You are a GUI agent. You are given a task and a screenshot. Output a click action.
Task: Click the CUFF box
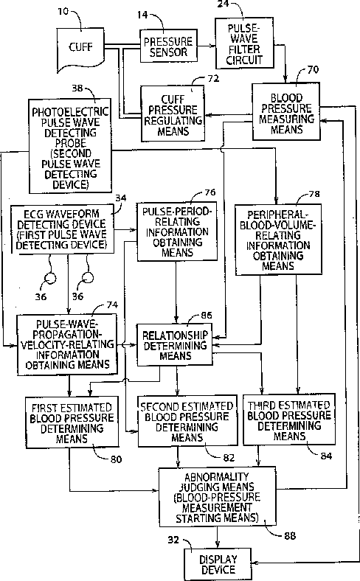80,47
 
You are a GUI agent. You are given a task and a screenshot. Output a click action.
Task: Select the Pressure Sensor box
168,46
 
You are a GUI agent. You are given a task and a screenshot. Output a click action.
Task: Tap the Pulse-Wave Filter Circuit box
245,44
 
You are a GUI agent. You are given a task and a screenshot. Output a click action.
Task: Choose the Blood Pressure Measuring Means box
285,112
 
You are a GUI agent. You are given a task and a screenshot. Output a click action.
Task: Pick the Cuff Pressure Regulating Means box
173,114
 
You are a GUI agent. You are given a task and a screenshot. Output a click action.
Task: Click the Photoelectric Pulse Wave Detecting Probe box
70,146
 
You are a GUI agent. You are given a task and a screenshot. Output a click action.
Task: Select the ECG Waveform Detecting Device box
62,229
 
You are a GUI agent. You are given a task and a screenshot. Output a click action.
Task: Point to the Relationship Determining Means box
175,345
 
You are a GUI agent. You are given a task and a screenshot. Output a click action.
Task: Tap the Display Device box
218,564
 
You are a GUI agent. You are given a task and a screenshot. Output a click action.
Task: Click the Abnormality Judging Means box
218,497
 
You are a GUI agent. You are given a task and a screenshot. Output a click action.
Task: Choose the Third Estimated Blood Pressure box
289,420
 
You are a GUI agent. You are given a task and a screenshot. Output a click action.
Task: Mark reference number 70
313,69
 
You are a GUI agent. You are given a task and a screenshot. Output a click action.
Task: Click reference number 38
77,88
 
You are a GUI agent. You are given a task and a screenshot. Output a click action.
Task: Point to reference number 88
290,536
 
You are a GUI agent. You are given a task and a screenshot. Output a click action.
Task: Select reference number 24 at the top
223,4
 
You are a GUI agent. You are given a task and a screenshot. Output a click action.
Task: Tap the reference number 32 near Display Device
173,540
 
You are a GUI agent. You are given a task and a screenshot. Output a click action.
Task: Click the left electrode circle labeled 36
49,278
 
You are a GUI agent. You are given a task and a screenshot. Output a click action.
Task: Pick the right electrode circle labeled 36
88,277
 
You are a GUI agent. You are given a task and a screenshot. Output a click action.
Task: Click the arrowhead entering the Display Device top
218,545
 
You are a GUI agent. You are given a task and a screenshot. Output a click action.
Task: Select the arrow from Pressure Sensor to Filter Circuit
206,46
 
